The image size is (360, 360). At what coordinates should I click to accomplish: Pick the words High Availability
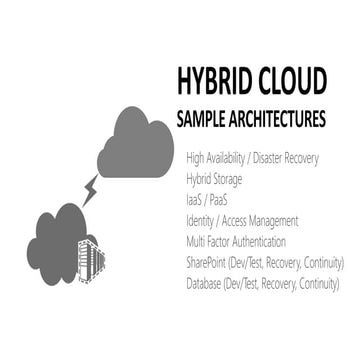222,157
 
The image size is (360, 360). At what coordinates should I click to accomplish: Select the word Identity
204,220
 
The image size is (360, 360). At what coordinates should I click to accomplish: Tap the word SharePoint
210,262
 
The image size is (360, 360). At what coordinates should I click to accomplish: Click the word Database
207,283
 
